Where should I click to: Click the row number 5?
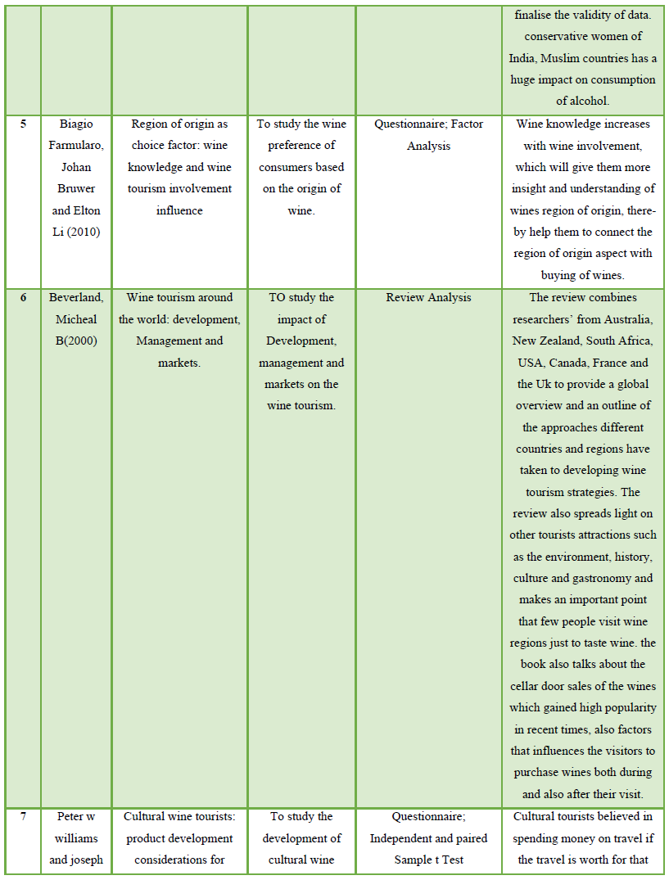(x=23, y=124)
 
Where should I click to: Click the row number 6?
(x=23, y=298)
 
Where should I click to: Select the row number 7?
(x=23, y=817)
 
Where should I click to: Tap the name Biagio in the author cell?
(x=76, y=124)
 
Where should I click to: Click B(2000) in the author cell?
(x=76, y=341)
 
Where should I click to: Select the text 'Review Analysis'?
(x=428, y=298)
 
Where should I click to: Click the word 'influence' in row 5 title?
(x=179, y=210)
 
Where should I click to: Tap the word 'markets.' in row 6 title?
(x=179, y=362)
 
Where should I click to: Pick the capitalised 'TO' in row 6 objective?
(x=278, y=298)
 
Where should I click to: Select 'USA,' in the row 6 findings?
(x=531, y=362)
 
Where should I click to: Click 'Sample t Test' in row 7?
(x=428, y=860)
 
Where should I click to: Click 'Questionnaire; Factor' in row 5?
(x=428, y=124)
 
